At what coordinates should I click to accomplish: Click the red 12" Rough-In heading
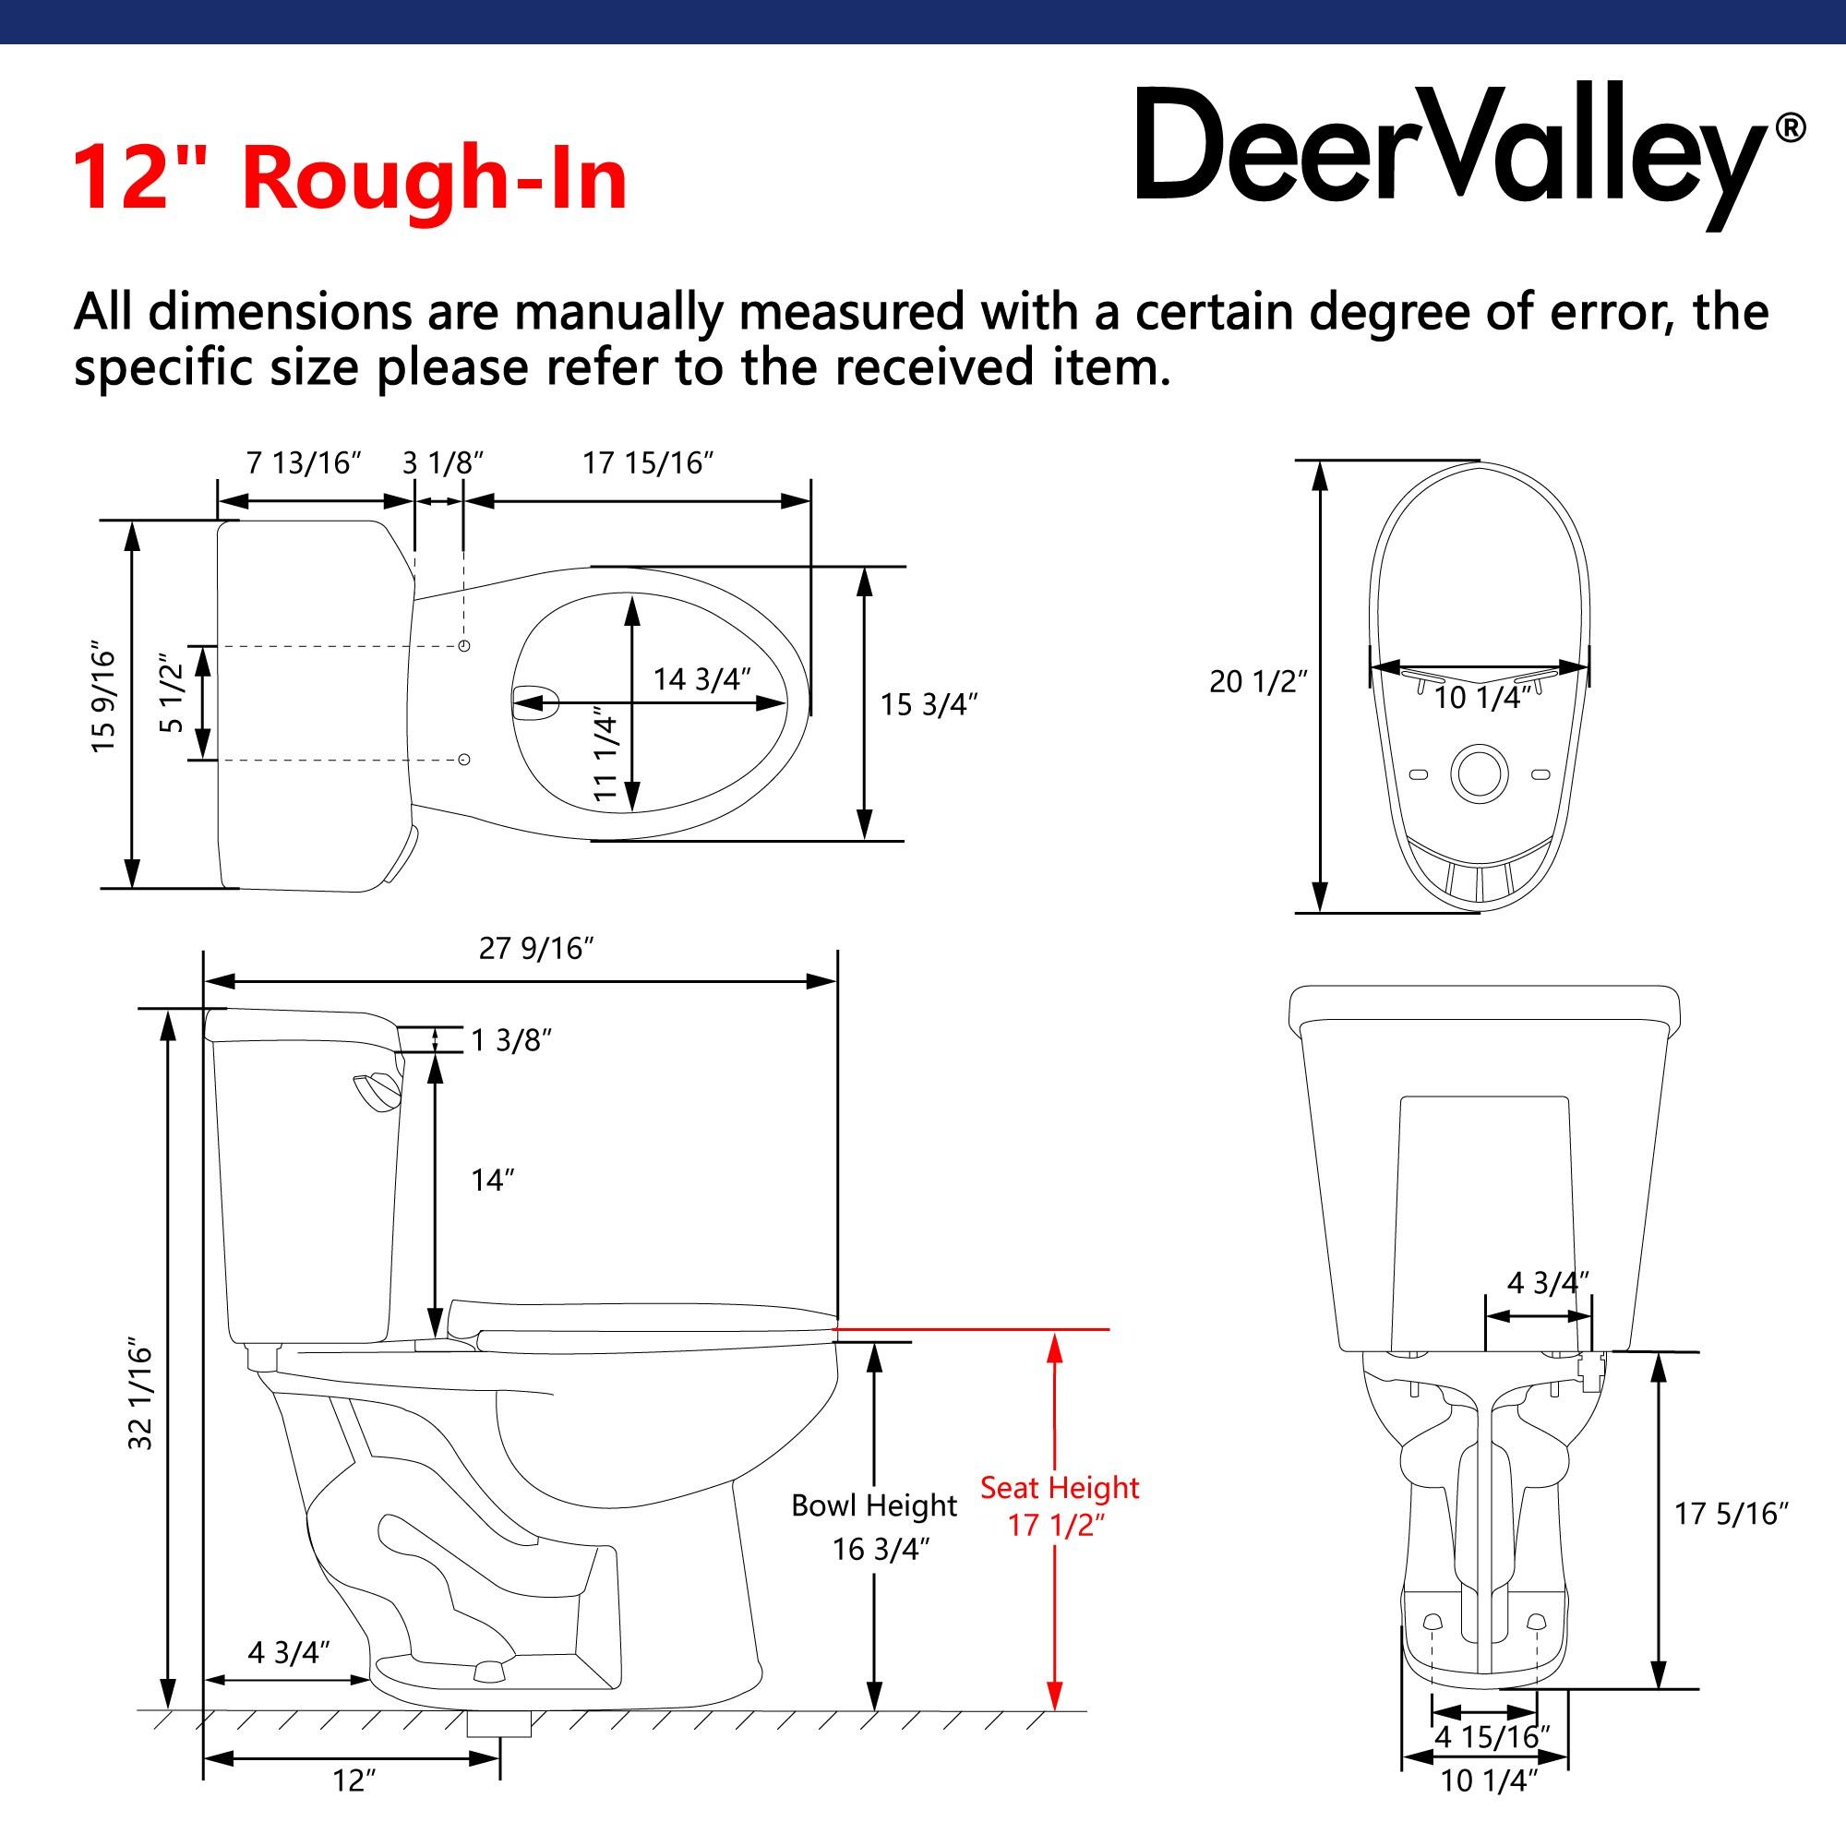click(350, 178)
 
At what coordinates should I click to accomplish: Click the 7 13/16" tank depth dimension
click(304, 463)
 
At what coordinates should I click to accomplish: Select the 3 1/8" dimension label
click(442, 463)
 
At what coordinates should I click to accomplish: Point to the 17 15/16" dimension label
click(649, 463)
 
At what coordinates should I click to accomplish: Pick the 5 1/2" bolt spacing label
click(171, 694)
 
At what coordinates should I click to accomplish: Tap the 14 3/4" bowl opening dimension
click(701, 679)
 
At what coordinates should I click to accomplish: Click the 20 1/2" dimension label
click(1257, 681)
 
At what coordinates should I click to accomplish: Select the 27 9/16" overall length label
click(536, 948)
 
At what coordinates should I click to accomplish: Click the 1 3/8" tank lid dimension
click(511, 1040)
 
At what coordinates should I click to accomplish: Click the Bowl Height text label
click(873, 1505)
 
